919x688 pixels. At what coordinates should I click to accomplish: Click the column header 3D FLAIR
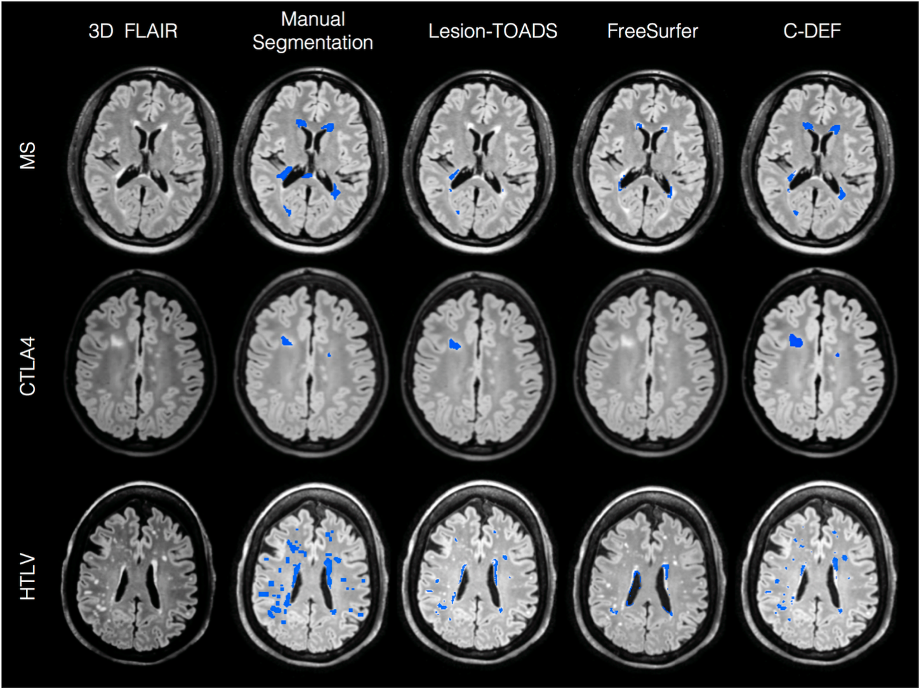133,31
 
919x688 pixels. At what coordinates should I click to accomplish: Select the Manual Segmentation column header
312,31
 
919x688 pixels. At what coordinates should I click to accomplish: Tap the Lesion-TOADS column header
493,31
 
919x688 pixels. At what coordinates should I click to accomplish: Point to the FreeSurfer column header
652,31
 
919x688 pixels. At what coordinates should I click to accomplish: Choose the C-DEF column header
812,31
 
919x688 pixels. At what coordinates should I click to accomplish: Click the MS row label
28,155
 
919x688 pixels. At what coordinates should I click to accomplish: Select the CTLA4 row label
28,366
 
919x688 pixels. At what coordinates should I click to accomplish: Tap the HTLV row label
28,577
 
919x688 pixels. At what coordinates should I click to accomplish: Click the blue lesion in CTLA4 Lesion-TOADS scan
454,344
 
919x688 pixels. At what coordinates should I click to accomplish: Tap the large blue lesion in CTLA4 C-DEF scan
795,341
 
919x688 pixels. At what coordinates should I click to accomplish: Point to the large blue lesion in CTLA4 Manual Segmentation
287,341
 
